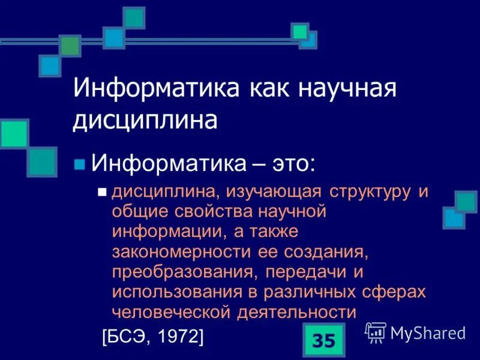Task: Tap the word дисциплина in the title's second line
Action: [145, 121]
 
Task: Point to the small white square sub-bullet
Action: [101, 193]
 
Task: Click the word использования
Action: [171, 292]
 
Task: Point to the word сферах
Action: [396, 292]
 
